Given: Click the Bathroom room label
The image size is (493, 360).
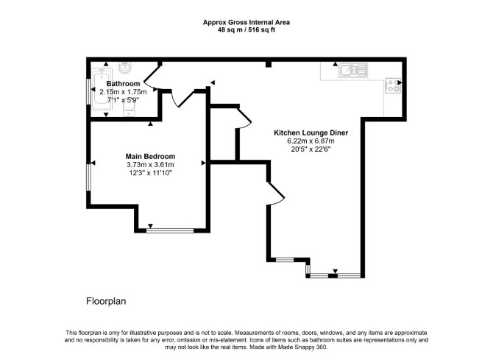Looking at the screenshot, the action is [x=123, y=84].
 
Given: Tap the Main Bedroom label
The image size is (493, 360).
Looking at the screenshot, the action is [x=150, y=156].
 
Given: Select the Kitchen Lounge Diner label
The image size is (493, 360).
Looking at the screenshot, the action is [x=311, y=133].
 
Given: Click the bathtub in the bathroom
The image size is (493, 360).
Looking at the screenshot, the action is [x=102, y=90].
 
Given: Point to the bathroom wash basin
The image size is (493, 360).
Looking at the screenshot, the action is [x=127, y=67].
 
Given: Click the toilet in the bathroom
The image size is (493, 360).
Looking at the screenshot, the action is [x=129, y=110].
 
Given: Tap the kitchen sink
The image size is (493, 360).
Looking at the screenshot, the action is [x=353, y=71].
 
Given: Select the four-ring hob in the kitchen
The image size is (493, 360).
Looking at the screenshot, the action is [x=393, y=86].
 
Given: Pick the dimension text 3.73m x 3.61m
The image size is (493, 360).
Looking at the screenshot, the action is [x=150, y=165].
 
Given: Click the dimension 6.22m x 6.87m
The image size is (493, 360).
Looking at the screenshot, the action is [x=311, y=141].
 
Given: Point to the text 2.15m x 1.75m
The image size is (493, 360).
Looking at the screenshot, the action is [x=123, y=92].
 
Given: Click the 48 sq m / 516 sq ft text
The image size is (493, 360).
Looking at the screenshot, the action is [x=246, y=30].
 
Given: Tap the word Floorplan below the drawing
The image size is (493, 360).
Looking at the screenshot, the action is [x=106, y=301].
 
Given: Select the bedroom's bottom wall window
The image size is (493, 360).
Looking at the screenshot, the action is [x=170, y=230].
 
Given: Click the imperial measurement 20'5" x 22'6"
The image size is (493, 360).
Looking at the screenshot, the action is [x=311, y=149].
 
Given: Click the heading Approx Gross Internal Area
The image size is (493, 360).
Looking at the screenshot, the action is [x=246, y=22].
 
